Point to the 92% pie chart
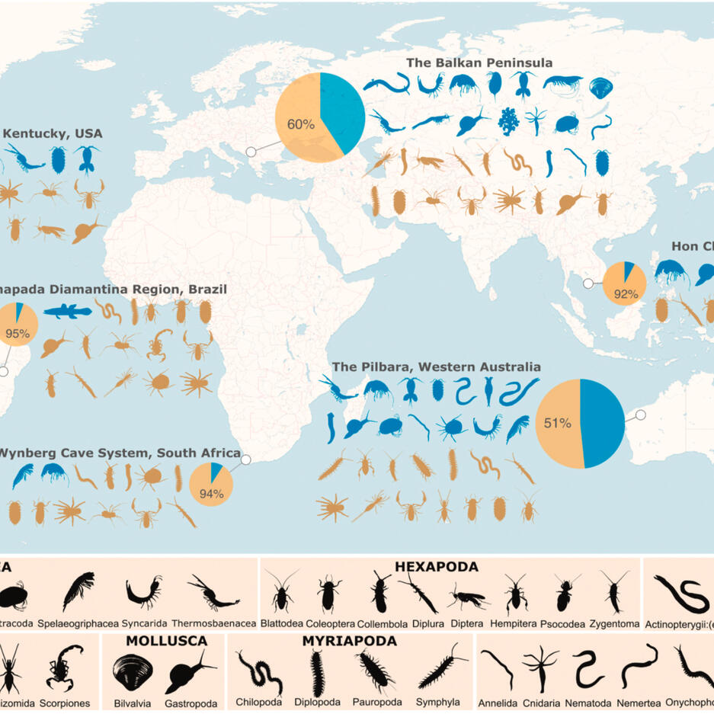(624, 283)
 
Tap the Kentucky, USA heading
(53, 133)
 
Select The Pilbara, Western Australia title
(437, 367)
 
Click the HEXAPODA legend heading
(436, 567)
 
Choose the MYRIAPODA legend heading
(350, 641)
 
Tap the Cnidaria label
(541, 703)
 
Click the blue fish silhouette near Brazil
(67, 310)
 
